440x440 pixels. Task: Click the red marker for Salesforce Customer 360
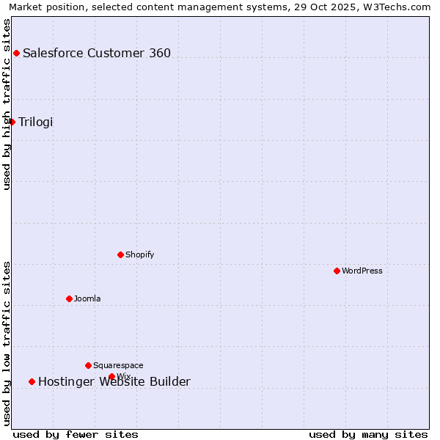[x=16, y=53]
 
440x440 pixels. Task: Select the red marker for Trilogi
[x=12, y=122]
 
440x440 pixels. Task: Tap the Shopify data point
[x=121, y=254]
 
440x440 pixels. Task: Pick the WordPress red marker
[x=337, y=271]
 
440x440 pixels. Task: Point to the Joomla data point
[x=70, y=298]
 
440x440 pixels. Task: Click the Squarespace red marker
[x=89, y=365]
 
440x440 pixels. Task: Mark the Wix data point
[x=112, y=376]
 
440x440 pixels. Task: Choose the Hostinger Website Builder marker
[x=32, y=381]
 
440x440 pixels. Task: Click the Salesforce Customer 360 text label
[x=97, y=53]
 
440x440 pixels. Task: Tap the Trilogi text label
[x=36, y=122]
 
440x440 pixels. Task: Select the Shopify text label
[x=140, y=254]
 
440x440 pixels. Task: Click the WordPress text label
[x=362, y=271]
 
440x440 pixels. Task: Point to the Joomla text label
[x=87, y=298]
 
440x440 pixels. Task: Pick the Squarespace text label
[x=118, y=365]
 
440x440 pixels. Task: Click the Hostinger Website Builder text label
[x=114, y=381]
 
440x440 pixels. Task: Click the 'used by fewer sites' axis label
[x=76, y=434]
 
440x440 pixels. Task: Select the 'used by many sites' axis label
[x=368, y=434]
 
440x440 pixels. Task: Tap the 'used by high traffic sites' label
[x=7, y=104]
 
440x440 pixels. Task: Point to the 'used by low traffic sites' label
[x=7, y=343]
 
